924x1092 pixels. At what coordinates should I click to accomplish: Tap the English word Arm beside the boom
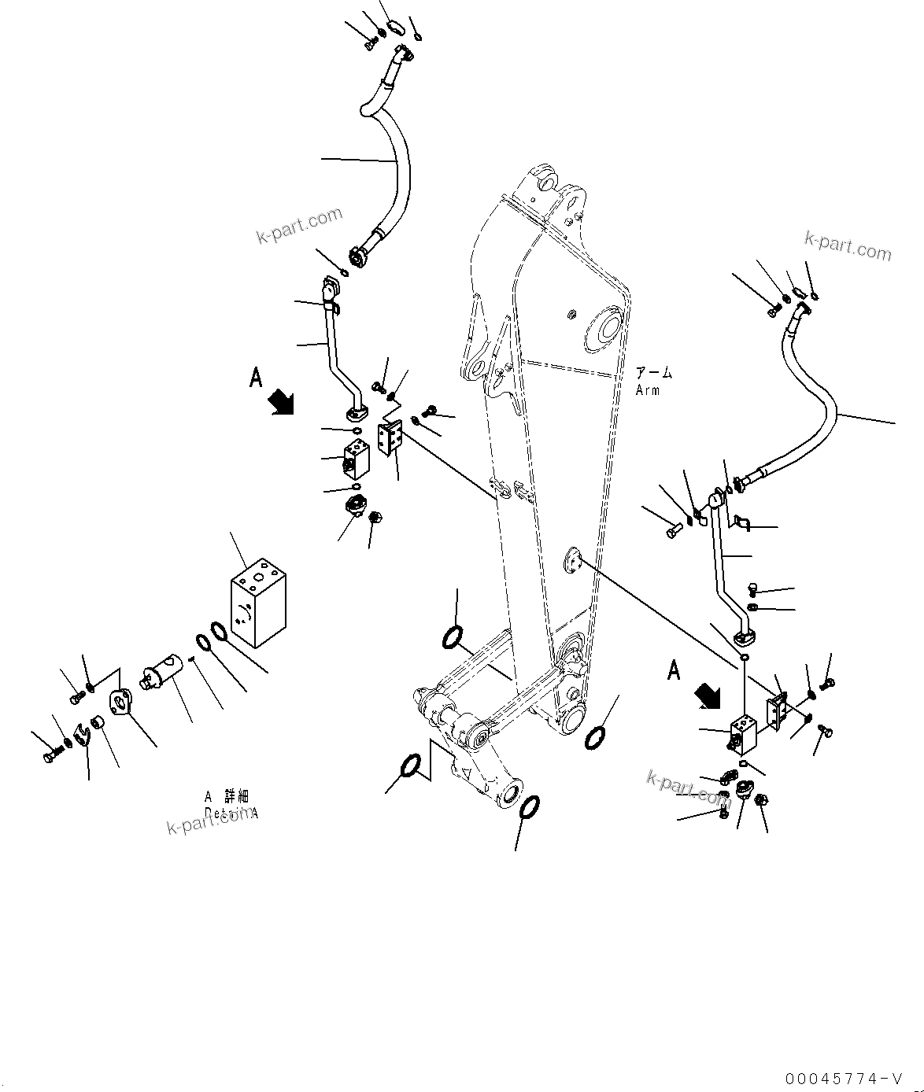click(648, 390)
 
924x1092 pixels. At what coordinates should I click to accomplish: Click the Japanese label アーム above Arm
click(654, 374)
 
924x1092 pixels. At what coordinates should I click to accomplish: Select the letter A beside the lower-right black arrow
click(674, 670)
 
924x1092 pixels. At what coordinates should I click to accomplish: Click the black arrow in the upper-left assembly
click(281, 402)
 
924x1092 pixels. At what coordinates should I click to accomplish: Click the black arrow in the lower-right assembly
click(708, 695)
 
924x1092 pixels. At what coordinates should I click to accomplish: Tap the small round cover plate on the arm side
click(571, 561)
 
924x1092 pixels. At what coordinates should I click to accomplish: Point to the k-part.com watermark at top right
click(848, 245)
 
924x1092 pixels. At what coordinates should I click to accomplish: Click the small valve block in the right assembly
click(743, 734)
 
